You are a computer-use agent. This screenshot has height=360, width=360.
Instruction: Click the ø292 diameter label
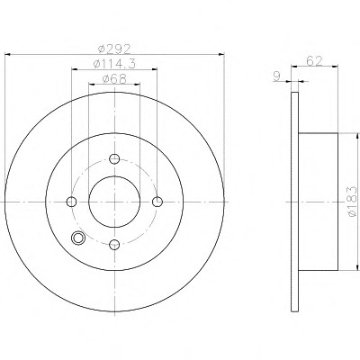115,49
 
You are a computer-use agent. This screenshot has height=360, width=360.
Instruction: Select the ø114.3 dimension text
114,64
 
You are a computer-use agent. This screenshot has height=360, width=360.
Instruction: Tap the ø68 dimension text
114,79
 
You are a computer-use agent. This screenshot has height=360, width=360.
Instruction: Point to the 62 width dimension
314,61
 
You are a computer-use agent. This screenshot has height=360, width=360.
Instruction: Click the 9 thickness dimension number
276,76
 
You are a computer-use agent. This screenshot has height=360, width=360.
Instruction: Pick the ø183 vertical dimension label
352,202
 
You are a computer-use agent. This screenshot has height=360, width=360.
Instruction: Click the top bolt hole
114,158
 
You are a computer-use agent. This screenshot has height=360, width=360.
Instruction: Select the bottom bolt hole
114,245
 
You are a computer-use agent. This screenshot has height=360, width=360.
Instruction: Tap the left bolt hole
71,202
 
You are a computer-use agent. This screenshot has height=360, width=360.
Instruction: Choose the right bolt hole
157,202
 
